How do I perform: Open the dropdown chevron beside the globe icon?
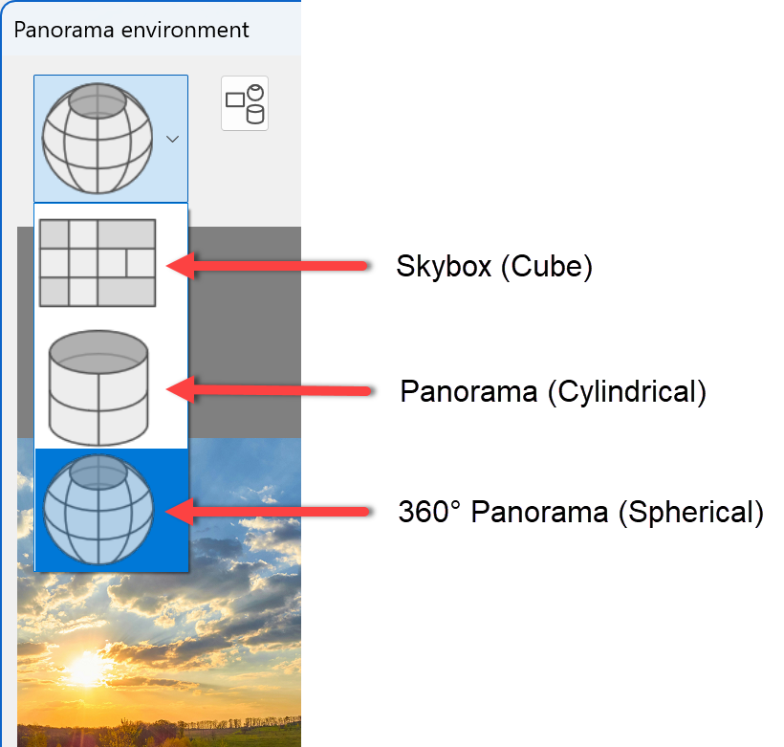(172, 140)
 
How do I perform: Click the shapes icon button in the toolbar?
(245, 103)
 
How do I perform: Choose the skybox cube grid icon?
(97, 263)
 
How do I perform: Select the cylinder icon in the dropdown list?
(98, 386)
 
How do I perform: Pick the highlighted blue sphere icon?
(98, 510)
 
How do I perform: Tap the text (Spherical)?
(691, 512)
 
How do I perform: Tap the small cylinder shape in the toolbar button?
(255, 115)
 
